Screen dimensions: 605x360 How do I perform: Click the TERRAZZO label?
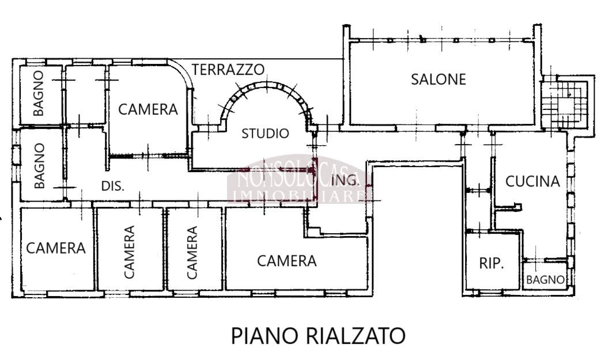[228, 70]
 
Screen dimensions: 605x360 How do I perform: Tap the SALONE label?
[438, 79]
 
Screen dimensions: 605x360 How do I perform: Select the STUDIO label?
[265, 134]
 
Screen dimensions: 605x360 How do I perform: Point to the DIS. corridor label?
[113, 186]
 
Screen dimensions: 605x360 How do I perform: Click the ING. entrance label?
[345, 180]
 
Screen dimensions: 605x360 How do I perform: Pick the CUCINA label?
[532, 181]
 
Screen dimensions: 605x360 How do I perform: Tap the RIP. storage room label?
[491, 263]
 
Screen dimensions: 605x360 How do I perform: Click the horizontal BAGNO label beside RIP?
[545, 279]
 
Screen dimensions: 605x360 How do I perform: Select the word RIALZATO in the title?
[355, 335]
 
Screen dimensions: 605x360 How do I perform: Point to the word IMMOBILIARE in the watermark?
[300, 196]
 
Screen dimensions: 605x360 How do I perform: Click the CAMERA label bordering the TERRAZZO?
[148, 109]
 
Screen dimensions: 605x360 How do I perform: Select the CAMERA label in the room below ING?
[287, 261]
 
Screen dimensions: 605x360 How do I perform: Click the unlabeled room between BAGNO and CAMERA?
[85, 95]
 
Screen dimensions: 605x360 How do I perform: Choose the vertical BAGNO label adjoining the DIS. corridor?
[40, 166]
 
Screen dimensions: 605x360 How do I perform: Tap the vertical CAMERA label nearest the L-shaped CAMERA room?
[192, 252]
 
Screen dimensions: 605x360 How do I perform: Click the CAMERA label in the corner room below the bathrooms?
[55, 248]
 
